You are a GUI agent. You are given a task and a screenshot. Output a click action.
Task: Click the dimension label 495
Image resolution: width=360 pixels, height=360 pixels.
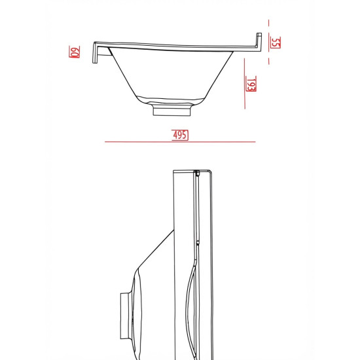[x=180, y=135]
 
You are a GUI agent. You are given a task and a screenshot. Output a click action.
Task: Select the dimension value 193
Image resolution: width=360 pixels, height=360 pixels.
[x=251, y=84]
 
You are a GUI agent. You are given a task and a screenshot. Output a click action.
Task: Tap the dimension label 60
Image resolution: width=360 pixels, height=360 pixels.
[x=75, y=52]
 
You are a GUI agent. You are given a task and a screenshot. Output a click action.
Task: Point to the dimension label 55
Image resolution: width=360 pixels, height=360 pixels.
[x=276, y=43]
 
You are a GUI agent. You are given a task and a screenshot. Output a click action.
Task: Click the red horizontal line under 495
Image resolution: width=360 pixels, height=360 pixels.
[x=180, y=142]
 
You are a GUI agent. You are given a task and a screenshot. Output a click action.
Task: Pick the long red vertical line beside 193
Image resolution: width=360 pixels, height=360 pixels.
[x=245, y=84]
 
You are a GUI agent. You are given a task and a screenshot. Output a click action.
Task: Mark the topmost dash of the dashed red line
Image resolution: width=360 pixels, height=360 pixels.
[x=268, y=23]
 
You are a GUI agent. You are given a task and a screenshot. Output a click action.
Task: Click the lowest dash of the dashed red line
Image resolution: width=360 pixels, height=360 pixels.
[x=269, y=61]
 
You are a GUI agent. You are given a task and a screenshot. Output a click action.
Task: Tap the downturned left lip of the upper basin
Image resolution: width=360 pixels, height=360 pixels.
[x=95, y=53]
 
